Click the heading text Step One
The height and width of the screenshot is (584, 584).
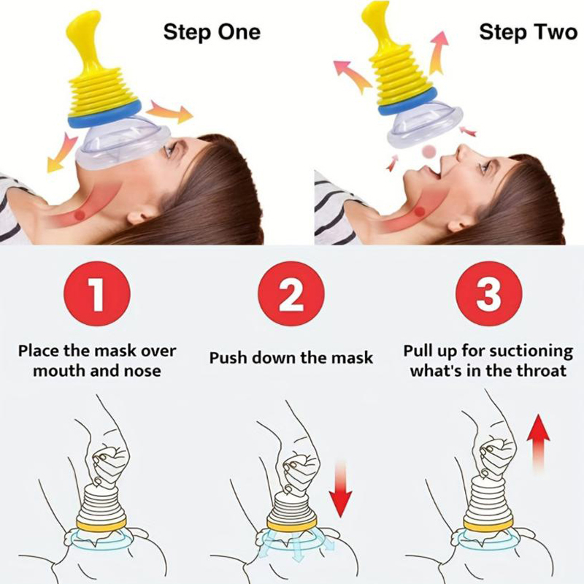pos(212,33)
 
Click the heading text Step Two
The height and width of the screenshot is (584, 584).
pos(528,32)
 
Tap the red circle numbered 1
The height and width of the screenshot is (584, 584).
pos(97,293)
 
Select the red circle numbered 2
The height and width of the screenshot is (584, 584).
pos(291,293)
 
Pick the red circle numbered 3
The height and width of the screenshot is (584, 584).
pos(488,293)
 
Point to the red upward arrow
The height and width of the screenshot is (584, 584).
pos(538,442)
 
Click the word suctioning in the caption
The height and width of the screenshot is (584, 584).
pos(531,352)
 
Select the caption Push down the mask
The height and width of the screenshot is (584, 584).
pos(291,358)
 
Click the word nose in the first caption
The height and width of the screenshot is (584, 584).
pos(144,372)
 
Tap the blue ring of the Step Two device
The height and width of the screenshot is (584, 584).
pos(407,102)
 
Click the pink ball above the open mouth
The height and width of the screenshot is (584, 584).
pos(429,151)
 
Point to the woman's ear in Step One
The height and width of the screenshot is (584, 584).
pos(139,216)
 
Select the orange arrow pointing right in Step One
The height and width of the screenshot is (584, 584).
pos(170,112)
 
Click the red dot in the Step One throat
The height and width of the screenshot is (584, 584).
pos(80,215)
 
